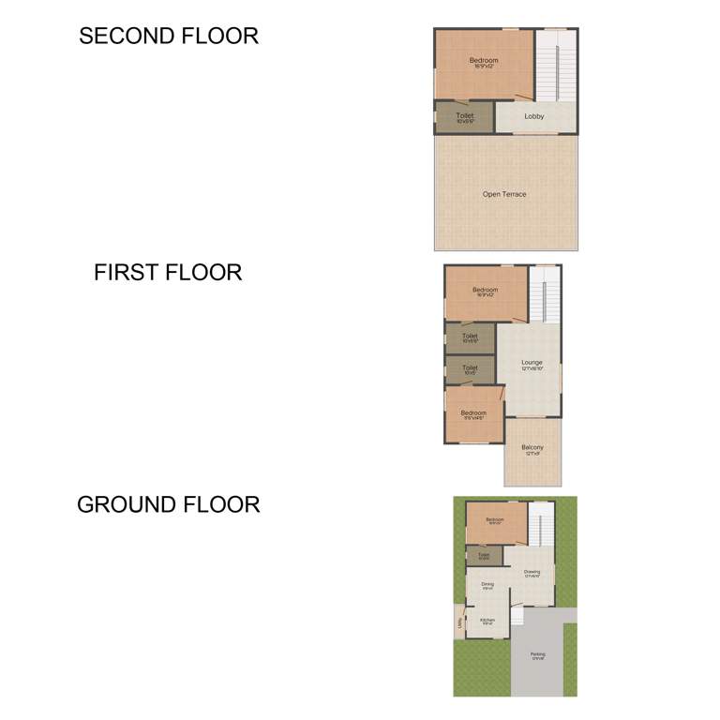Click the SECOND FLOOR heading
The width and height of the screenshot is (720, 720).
[169, 37]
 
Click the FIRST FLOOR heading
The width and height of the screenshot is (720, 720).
[168, 273]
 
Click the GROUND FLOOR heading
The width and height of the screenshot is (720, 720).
[169, 504]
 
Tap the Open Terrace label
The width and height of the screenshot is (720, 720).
[504, 194]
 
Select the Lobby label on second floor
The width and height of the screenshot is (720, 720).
[534, 117]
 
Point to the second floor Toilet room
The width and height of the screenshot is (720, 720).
[465, 117]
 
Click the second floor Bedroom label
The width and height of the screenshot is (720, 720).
[484, 62]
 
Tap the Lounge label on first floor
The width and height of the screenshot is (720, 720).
[532, 364]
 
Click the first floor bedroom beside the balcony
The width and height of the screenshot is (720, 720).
[473, 414]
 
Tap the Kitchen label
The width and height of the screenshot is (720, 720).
[487, 621]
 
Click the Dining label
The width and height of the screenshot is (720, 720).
[487, 585]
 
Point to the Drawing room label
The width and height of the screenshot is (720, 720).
[532, 573]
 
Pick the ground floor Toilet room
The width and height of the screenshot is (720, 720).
[484, 556]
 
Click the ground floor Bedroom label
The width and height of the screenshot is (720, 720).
[495, 521]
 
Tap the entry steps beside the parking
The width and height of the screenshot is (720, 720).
[517, 617]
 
